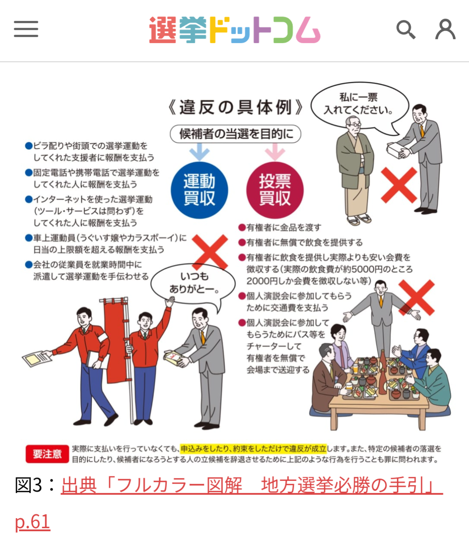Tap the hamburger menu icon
(x=26, y=29)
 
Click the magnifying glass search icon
(x=406, y=30)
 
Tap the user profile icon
(x=445, y=29)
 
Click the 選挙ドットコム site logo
(x=234, y=30)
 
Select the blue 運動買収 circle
(x=199, y=190)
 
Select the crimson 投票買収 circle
(x=275, y=190)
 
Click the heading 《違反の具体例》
(x=235, y=107)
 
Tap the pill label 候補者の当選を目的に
(x=235, y=134)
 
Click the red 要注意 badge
(x=47, y=454)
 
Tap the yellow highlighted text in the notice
(x=253, y=449)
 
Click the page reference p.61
(x=33, y=522)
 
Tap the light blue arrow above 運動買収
(x=199, y=153)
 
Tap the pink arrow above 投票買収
(x=275, y=153)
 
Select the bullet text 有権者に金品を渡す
(x=283, y=227)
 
